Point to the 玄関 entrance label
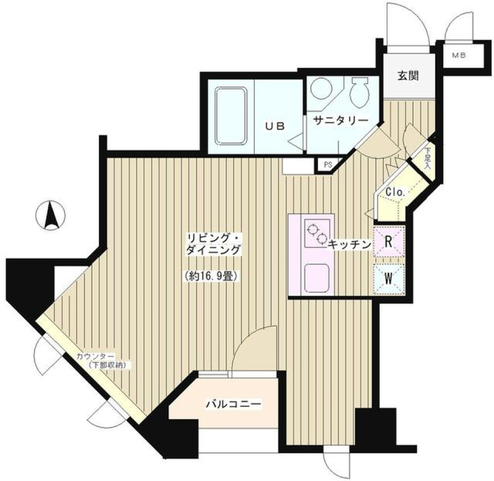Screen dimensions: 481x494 [407, 76]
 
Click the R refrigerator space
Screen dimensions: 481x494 [390, 242]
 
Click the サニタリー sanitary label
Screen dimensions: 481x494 [342, 120]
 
